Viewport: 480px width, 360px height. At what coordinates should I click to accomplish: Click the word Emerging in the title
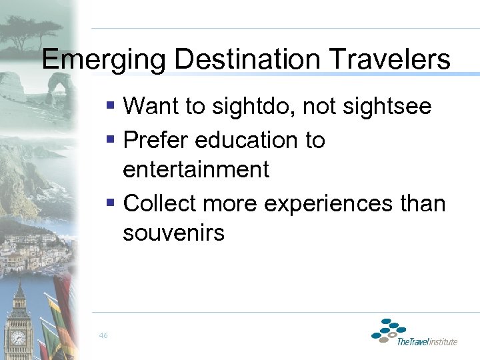pyautogui.click(x=103, y=61)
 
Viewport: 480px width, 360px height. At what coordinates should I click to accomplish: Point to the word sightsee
pyautogui.click(x=387, y=107)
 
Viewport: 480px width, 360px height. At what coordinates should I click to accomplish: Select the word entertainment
pyautogui.click(x=196, y=169)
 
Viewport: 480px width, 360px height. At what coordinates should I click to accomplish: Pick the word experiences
pyautogui.click(x=325, y=203)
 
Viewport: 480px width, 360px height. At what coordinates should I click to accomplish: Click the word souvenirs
pyautogui.click(x=174, y=233)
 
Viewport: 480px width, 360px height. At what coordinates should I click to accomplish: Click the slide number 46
pyautogui.click(x=103, y=335)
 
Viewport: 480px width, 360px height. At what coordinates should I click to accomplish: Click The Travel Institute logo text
pyautogui.click(x=427, y=341)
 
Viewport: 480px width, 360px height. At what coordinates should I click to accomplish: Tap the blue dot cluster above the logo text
pyautogui.click(x=389, y=329)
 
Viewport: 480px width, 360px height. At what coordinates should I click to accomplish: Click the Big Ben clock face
pyautogui.click(x=18, y=338)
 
